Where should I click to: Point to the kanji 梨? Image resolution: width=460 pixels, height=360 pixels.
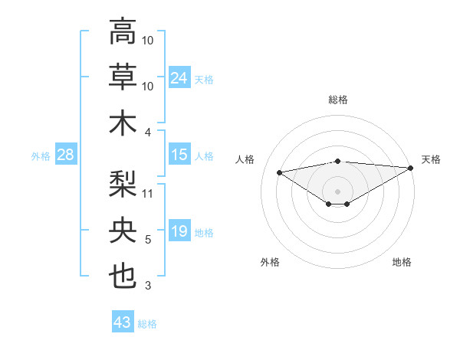[x=123, y=182]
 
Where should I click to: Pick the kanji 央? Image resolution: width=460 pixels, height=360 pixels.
[x=123, y=229]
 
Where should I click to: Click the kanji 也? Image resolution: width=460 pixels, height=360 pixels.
[x=123, y=276]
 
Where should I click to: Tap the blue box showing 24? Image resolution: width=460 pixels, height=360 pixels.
[x=179, y=77]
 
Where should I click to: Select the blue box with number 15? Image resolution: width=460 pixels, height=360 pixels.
[x=179, y=155]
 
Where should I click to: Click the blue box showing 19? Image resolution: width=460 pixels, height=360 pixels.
[x=179, y=231]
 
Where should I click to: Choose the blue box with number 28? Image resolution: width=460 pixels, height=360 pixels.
[x=66, y=155]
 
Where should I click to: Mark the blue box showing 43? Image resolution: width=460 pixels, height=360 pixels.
[x=123, y=322]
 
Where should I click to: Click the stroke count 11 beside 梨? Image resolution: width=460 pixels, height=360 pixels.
[x=148, y=193]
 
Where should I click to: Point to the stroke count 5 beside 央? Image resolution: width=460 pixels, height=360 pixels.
[x=148, y=240]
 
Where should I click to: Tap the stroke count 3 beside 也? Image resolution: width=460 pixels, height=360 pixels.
[x=148, y=286]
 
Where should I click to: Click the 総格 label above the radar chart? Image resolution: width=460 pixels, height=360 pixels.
[x=338, y=100]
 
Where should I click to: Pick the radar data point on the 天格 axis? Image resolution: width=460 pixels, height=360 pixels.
[x=411, y=168]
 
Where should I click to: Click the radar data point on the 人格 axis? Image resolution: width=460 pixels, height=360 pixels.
[x=280, y=172]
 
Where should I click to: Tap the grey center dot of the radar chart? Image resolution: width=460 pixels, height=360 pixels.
[x=337, y=190]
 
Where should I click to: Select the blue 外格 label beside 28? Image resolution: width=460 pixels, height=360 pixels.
[x=41, y=155]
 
